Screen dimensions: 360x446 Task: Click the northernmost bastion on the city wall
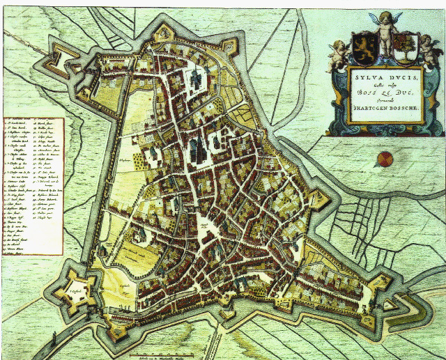pyautogui.click(x=164, y=32)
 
